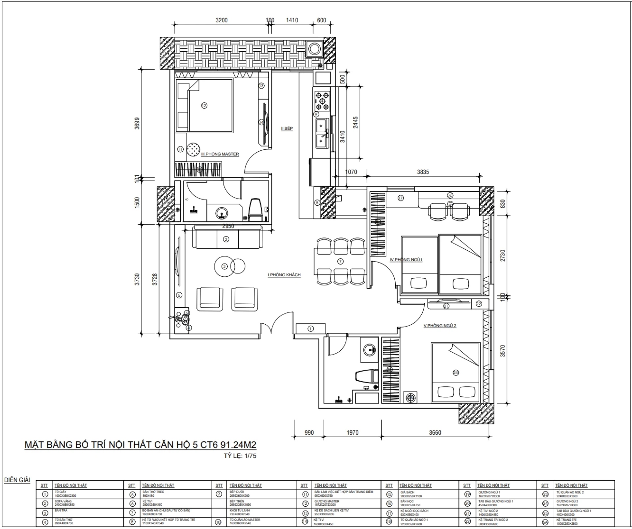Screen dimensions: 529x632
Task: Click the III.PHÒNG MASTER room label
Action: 220,154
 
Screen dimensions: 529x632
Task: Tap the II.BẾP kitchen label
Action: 287,129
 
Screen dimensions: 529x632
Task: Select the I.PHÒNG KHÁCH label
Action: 284,275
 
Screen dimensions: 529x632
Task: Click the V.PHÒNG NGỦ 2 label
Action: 439,326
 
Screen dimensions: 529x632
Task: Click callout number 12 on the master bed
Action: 204,106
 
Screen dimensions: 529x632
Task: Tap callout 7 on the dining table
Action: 340,261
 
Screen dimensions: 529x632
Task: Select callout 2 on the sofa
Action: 226,239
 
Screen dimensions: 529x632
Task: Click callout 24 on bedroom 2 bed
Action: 456,373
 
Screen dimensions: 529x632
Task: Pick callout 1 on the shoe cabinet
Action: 310,328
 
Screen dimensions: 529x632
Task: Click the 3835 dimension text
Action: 423,172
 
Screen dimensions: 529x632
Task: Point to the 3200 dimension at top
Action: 222,20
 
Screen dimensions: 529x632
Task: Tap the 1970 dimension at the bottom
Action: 352,433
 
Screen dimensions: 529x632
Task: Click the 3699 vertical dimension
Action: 137,123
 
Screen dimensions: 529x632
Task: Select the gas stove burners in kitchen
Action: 322,101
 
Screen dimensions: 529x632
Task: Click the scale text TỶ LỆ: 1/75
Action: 240,456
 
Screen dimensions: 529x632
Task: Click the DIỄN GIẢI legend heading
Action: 17,480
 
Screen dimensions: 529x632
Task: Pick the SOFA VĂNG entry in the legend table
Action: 63,502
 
